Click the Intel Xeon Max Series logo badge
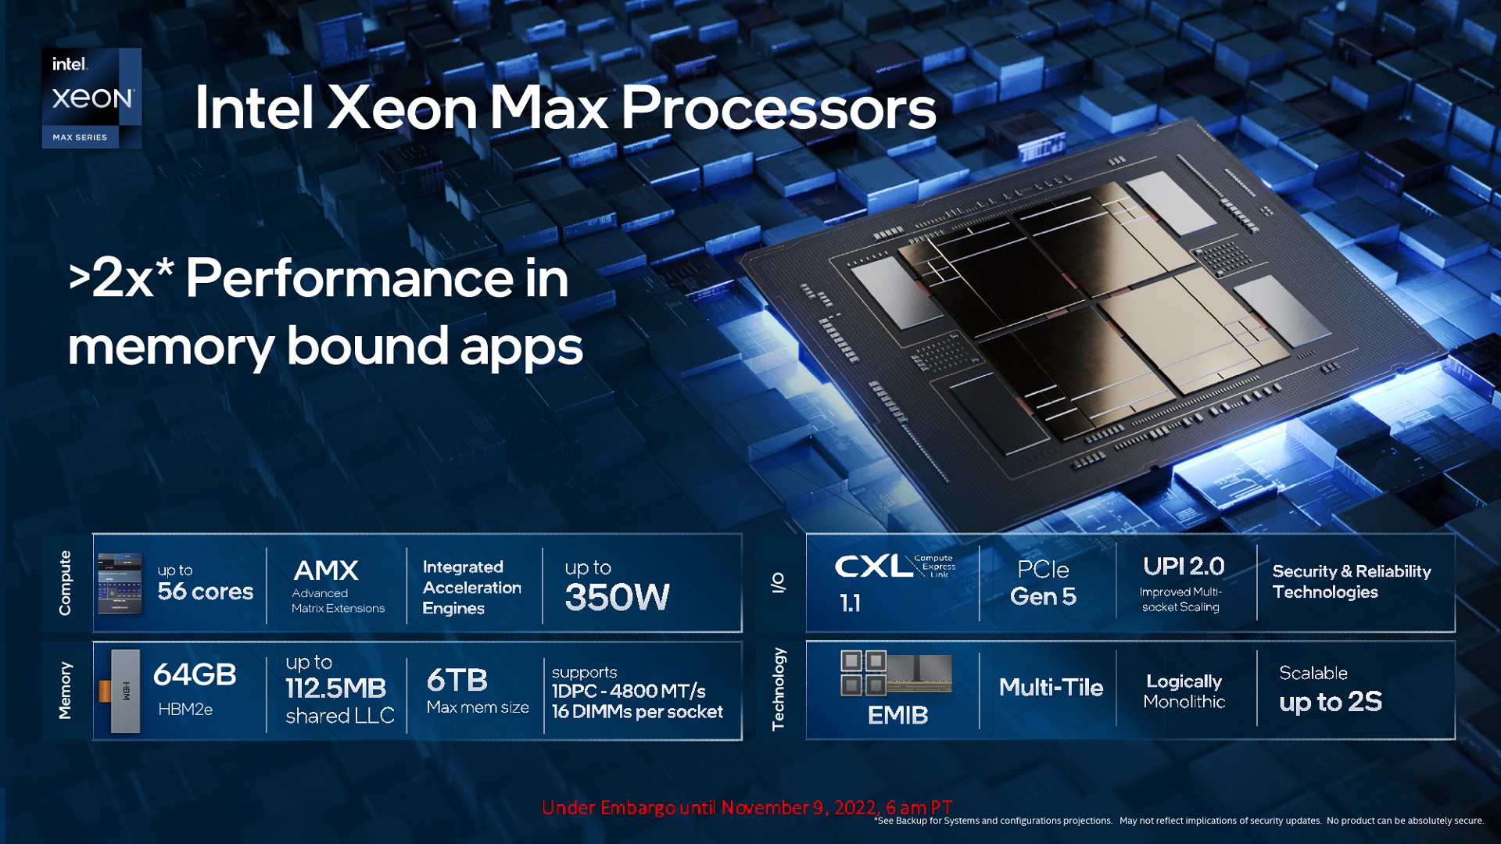click(x=91, y=98)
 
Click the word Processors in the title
click(x=779, y=107)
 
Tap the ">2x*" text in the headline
click(x=121, y=277)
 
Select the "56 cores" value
click(x=206, y=592)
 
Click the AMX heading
click(x=326, y=570)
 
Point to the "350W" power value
click(x=617, y=598)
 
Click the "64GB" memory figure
click(x=195, y=674)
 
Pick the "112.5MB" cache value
click(x=336, y=688)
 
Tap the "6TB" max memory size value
click(x=457, y=680)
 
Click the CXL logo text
click(x=873, y=567)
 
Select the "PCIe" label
click(x=1043, y=570)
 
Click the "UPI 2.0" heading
click(x=1184, y=567)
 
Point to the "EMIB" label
click(x=897, y=715)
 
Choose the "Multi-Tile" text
click(x=1051, y=688)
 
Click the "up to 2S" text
click(x=1331, y=702)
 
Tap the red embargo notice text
click(x=747, y=807)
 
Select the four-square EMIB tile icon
click(x=863, y=673)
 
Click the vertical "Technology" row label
click(x=778, y=689)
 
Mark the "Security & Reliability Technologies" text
click(x=1352, y=581)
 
